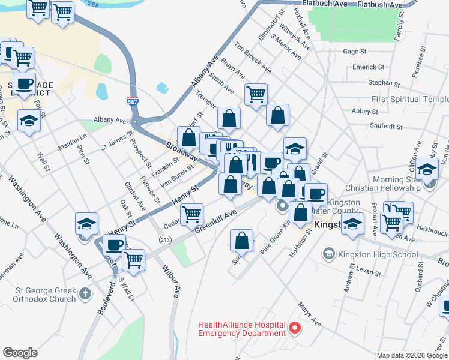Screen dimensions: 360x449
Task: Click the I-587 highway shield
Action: point(133,103)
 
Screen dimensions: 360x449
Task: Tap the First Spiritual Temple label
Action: point(410,99)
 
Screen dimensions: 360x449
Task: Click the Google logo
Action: point(20,353)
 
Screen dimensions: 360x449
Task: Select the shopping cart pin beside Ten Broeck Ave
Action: point(256,94)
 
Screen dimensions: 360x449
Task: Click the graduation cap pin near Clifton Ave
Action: point(426,169)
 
